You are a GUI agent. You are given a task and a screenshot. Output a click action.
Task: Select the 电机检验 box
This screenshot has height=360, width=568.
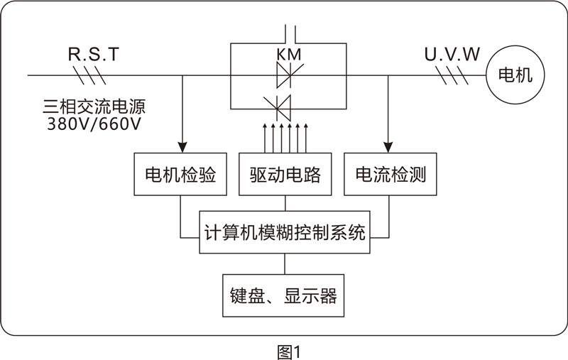[180, 174]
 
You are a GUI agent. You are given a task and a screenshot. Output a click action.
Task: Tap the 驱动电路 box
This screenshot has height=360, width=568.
[285, 174]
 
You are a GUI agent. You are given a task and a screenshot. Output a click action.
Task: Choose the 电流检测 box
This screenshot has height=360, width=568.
[390, 174]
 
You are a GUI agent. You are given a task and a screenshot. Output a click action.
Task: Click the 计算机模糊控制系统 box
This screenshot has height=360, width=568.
[285, 232]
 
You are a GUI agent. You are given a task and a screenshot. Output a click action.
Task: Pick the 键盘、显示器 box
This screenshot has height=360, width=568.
[285, 295]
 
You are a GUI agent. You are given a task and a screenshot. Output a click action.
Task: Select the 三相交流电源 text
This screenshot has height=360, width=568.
[98, 109]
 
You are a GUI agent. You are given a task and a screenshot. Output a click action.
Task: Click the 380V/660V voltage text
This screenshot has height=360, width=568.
[98, 127]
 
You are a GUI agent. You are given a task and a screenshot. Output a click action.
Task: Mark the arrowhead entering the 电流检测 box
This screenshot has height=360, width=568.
[388, 146]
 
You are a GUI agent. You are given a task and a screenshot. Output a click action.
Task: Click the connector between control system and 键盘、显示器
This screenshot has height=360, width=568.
[285, 264]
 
